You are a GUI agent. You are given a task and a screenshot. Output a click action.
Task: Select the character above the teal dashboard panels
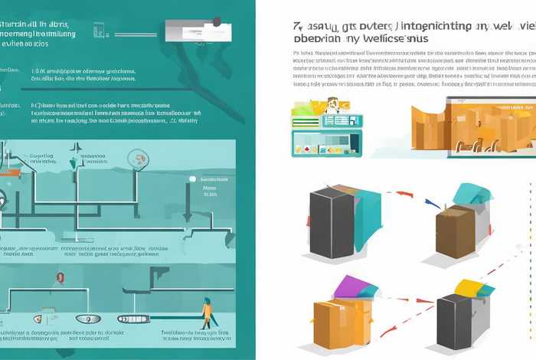pos(333,106)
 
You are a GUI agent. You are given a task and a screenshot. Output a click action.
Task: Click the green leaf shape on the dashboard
pos(301,112)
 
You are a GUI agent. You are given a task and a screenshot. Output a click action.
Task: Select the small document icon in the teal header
pos(99,30)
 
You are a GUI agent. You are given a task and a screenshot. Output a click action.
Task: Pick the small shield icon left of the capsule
pos(35,318)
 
